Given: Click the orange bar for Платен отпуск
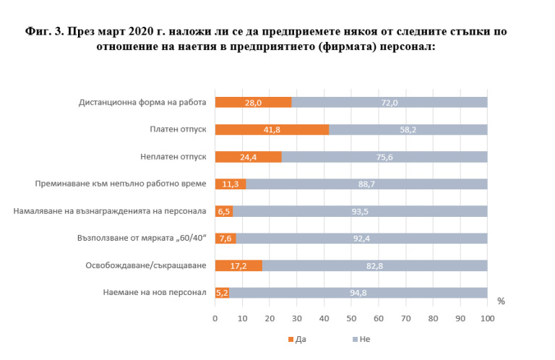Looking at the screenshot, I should [x=272, y=130].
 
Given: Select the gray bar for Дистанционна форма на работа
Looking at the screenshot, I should [x=389, y=103].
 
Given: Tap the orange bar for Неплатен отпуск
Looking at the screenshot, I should [x=248, y=157].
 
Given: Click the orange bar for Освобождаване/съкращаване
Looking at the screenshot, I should [x=238, y=265].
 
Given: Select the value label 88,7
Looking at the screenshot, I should [x=367, y=184].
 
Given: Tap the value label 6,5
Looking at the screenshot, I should [x=224, y=211].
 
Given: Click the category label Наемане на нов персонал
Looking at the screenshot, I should [x=155, y=293].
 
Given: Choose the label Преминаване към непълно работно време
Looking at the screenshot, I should [x=121, y=184].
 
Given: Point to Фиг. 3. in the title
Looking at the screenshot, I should [x=40, y=33].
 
